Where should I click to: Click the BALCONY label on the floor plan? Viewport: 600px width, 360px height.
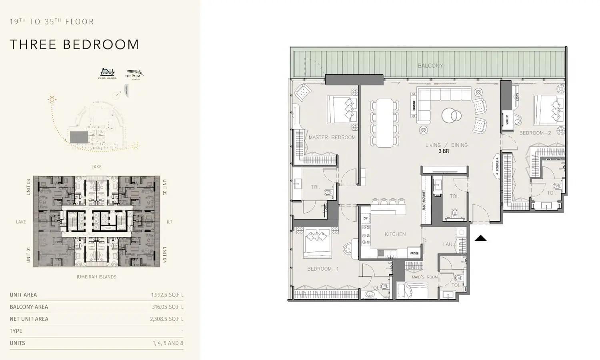(430, 66)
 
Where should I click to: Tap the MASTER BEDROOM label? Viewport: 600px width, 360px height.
(332, 137)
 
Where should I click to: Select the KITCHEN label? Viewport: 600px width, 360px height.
(395, 234)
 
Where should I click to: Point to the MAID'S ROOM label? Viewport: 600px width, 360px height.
(425, 277)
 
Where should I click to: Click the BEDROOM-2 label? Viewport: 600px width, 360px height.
(535, 133)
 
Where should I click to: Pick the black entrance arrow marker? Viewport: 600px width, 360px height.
(480, 238)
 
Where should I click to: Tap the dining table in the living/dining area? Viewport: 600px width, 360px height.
(385, 123)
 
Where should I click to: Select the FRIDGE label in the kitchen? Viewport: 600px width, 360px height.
(414, 253)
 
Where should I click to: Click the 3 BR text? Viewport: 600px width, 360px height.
(444, 152)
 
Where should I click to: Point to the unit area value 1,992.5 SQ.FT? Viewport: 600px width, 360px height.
(167, 295)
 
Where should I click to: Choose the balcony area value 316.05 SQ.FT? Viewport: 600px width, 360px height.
(167, 307)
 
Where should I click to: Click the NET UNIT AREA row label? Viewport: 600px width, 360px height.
(29, 319)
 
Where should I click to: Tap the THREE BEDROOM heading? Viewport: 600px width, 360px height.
(74, 44)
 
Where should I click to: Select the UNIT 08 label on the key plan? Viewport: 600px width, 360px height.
(28, 187)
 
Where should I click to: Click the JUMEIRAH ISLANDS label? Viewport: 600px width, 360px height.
(96, 277)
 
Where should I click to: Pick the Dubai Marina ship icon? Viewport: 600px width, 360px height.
(107, 72)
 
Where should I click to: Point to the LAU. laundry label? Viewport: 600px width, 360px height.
(448, 244)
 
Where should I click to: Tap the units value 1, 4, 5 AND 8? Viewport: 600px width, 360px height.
(168, 343)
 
